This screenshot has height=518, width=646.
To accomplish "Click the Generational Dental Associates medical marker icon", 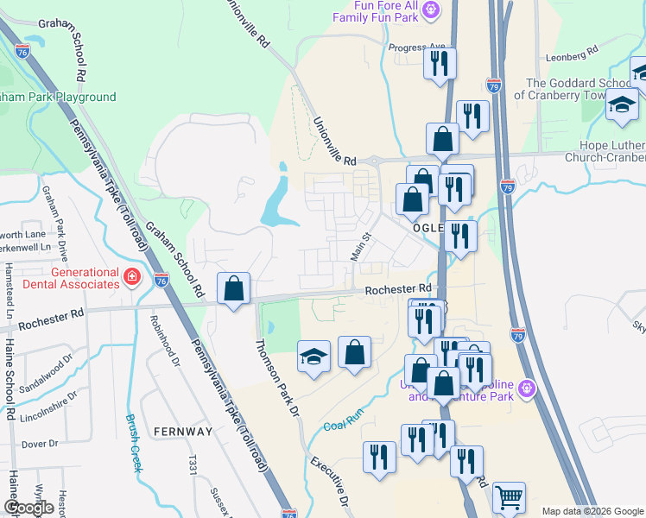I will [131, 277].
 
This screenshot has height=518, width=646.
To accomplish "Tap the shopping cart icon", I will [509, 498].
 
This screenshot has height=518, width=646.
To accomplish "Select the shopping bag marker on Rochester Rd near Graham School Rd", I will [234, 288].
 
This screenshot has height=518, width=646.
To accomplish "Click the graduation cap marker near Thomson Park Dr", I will [313, 357].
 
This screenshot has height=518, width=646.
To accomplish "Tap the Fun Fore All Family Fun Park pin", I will [432, 9].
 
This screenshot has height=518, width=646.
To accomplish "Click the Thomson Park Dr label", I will [278, 376].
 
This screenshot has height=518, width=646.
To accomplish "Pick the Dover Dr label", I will [39, 444].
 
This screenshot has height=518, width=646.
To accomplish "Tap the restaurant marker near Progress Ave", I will [440, 64].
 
